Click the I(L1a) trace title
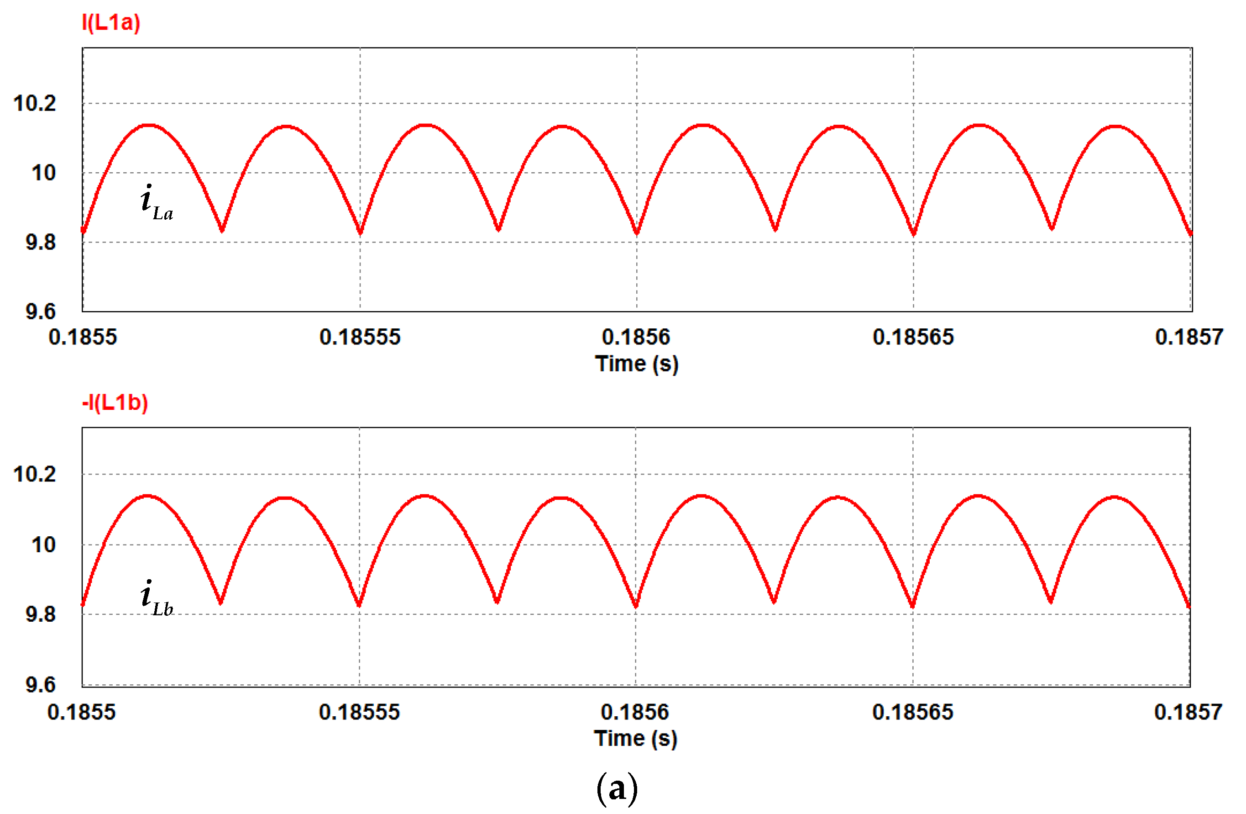[111, 23]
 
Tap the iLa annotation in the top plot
[156, 202]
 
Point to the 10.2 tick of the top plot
[35, 104]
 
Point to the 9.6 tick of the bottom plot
[40, 685]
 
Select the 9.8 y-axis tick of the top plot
[40, 242]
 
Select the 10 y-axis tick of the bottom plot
[43, 545]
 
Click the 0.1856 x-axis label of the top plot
[636, 337]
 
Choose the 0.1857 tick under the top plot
[1189, 337]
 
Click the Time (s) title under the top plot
[637, 364]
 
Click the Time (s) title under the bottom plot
[636, 739]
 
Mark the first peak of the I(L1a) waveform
[149, 125]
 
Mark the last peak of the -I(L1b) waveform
[1115, 497]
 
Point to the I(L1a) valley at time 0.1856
[637, 233]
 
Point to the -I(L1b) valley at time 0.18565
[912, 607]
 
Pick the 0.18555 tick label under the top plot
[360, 337]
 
